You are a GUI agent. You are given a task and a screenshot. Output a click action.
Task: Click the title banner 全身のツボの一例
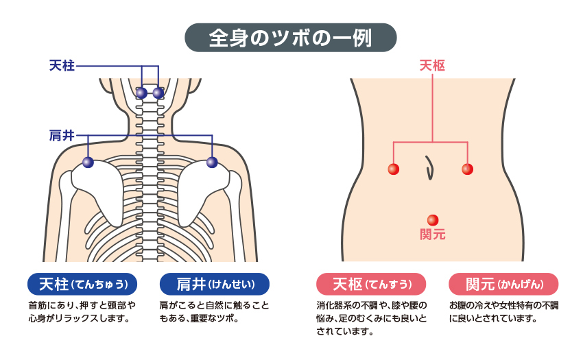pyautogui.click(x=291, y=38)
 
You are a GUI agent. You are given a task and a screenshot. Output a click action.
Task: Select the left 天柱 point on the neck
pyautogui.click(x=141, y=93)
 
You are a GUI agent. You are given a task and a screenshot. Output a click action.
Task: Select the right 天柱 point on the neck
pyautogui.click(x=158, y=93)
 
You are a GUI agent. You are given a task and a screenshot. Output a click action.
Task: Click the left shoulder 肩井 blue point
pyautogui.click(x=88, y=163)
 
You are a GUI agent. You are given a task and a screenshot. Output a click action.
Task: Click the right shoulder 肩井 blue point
pyautogui.click(x=212, y=163)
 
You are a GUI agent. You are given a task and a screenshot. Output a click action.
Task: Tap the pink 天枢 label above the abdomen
pyautogui.click(x=432, y=66)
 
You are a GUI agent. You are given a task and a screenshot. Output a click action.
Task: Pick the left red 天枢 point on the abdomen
pyautogui.click(x=393, y=169)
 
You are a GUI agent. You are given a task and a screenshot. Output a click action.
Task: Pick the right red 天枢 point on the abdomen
pyautogui.click(x=467, y=169)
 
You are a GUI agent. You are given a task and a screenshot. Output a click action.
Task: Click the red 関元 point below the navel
pyautogui.click(x=432, y=220)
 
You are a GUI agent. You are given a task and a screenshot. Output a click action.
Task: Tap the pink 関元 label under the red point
pyautogui.click(x=432, y=235)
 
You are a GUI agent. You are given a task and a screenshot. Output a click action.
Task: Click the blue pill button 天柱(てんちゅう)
pyautogui.click(x=82, y=284)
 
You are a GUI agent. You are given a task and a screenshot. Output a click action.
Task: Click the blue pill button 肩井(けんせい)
pyautogui.click(x=214, y=284)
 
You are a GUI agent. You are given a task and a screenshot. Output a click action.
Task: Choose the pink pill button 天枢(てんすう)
pyautogui.click(x=371, y=284)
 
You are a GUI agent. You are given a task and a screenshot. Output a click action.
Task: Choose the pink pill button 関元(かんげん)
pyautogui.click(x=503, y=284)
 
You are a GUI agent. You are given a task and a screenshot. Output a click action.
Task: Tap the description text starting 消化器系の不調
pyautogui.click(x=371, y=319)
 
